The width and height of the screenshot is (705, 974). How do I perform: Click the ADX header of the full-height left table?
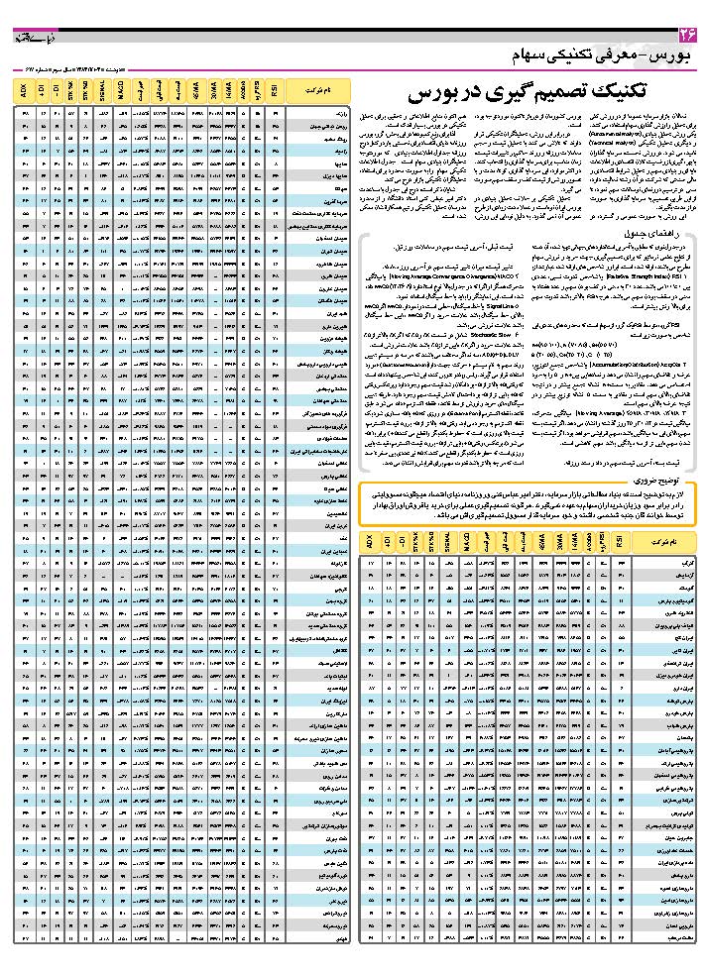tap(23, 93)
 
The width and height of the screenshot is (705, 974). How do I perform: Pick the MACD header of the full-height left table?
tap(119, 93)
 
